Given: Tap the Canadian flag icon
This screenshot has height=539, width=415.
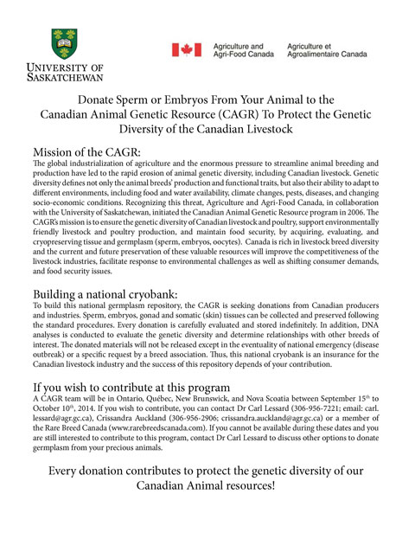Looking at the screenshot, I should [187, 50].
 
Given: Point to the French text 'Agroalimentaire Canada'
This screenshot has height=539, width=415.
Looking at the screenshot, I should [332, 55].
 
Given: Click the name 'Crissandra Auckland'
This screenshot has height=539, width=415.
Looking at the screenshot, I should [119, 450].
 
